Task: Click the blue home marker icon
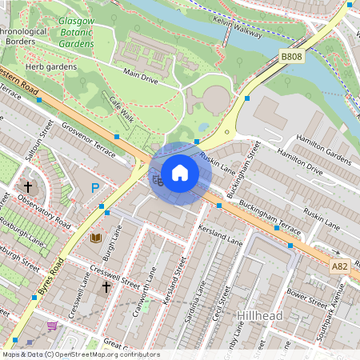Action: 180,172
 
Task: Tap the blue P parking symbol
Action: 95,189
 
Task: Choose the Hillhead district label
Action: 261,316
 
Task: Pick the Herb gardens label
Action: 55,67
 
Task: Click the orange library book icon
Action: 95,238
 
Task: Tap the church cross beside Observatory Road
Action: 28,186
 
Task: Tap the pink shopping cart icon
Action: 53,326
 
